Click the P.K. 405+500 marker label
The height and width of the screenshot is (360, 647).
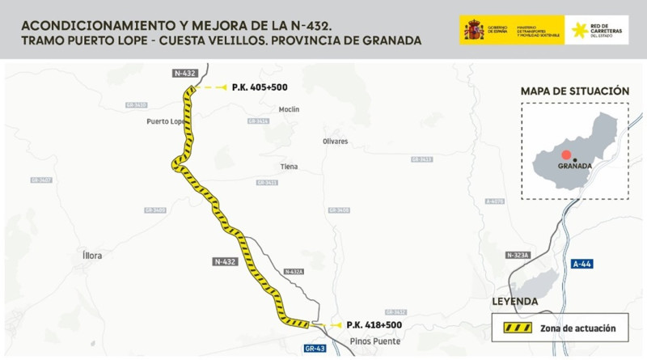click(260, 87)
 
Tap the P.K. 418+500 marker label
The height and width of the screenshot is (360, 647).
click(374, 324)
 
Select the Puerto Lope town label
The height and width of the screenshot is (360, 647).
click(166, 121)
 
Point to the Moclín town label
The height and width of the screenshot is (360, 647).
click(289, 109)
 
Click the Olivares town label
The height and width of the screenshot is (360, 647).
click(335, 142)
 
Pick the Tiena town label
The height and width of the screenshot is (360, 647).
click(289, 167)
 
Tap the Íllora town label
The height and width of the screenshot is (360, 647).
click(93, 256)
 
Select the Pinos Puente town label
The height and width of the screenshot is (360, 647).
click(376, 341)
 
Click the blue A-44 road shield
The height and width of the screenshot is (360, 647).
click(582, 264)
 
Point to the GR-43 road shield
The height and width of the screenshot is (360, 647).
click(315, 349)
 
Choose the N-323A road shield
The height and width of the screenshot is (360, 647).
click(518, 255)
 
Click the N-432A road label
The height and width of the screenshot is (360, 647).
click(294, 271)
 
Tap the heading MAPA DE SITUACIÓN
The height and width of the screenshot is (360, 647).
click(574, 91)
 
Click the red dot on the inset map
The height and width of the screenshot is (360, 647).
click(567, 154)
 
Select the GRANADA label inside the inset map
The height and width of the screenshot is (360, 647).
click(575, 166)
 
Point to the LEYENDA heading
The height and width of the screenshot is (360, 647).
click(515, 302)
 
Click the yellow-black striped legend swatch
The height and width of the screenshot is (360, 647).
click(518, 328)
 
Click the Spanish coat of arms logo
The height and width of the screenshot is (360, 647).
click(474, 31)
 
